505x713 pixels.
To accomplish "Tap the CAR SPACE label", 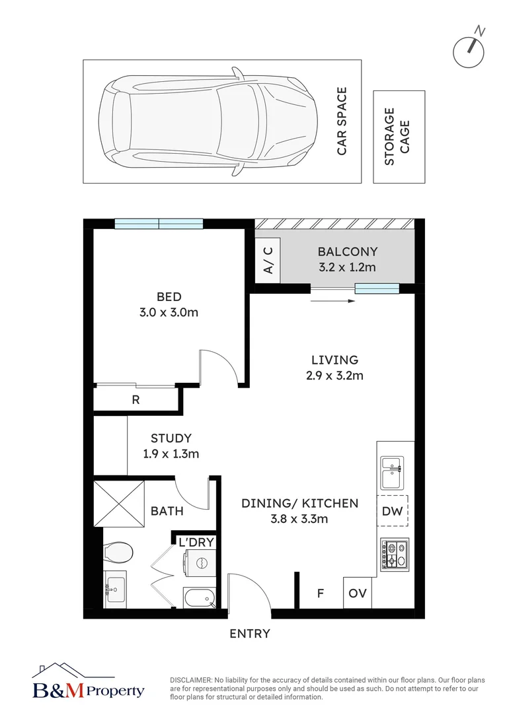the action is pos(342,121).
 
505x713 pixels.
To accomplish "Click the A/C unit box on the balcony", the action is pos(267,261).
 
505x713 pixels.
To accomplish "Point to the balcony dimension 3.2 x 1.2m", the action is pos(348,267).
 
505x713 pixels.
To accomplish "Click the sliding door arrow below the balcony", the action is pos(333,300).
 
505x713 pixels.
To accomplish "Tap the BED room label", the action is pos(169,296).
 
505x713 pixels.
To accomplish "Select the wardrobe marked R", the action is pos(136,399).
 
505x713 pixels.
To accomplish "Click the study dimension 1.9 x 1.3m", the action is pos(171,454).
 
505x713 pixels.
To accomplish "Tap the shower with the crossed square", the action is pos(119,503).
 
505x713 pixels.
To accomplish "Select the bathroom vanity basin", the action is pos(115,590).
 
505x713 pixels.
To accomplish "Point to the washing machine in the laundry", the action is pos(200,563).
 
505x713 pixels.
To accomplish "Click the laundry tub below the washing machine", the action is pos(199,597).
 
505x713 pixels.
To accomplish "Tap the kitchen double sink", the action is pos(392,473).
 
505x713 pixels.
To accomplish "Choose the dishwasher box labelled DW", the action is pos(393,510).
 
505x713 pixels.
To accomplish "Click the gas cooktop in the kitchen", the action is pos(395,555).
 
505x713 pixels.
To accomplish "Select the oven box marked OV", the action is pos(358,593).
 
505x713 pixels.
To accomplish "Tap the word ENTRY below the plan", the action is pos(250,633).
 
